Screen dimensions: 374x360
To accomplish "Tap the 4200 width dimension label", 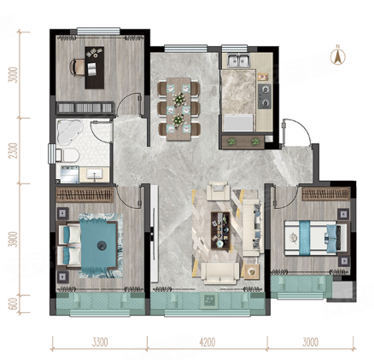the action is click(x=207, y=342).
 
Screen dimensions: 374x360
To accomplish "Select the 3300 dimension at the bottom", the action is click(x=100, y=342).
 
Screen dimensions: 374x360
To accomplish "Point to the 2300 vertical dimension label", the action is click(x=13, y=150).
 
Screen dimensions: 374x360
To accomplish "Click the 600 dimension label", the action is click(x=13, y=304).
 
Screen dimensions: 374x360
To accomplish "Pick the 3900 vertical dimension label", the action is click(x=13, y=240).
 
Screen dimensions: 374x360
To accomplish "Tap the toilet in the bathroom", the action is click(x=67, y=155).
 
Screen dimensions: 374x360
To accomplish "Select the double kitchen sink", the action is click(x=239, y=61).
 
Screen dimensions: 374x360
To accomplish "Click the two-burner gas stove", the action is click(x=265, y=96).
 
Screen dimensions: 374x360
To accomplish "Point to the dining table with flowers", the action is click(x=178, y=109).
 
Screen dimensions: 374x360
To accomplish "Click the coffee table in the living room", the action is click(x=220, y=230).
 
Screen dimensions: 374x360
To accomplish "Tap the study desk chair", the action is click(x=77, y=67).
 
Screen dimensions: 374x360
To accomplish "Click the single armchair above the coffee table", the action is click(x=218, y=190).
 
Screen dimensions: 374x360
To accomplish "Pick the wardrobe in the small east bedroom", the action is click(x=326, y=194).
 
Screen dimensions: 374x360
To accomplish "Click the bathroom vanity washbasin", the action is click(x=95, y=174).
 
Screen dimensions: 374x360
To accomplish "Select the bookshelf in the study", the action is click(x=85, y=107).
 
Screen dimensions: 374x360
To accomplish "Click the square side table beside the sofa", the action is click(x=252, y=272).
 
